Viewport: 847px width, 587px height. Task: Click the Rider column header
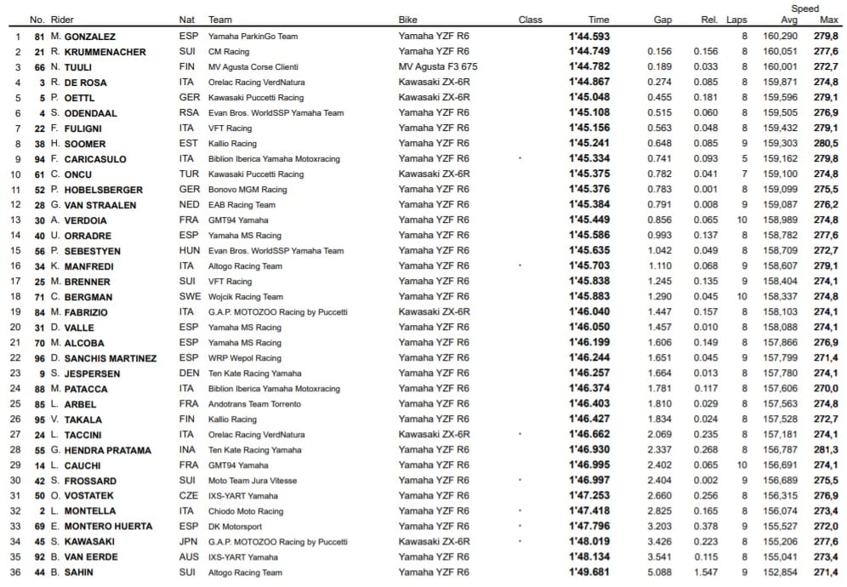tap(62, 20)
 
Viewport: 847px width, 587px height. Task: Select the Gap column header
tap(662, 20)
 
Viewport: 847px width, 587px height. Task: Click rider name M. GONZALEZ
tap(83, 37)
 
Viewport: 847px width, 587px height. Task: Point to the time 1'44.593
tap(589, 37)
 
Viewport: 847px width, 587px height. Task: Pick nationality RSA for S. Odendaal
tap(188, 113)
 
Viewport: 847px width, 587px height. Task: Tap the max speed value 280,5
tap(826, 144)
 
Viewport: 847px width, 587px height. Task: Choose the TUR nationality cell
tap(188, 174)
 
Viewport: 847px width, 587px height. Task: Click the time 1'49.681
tap(589, 573)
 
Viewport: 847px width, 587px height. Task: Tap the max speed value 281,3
tap(826, 450)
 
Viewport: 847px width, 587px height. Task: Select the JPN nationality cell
tap(188, 542)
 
